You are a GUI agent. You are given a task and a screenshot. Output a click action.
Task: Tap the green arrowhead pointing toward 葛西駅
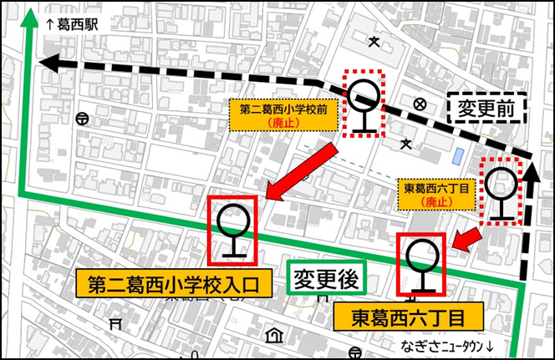tap(31, 18)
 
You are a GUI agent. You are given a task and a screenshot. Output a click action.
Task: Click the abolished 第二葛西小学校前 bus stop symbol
tap(364, 105)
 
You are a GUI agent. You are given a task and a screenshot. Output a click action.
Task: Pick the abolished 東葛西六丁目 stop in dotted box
tap(503, 191)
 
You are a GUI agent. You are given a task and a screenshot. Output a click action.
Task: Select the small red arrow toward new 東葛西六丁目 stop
tap(468, 239)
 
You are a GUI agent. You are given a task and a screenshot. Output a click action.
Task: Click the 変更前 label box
tap(484, 107)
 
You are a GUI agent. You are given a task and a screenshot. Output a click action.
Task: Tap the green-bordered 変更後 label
tap(326, 279)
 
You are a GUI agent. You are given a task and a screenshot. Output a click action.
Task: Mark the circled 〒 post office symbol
tap(81, 119)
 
